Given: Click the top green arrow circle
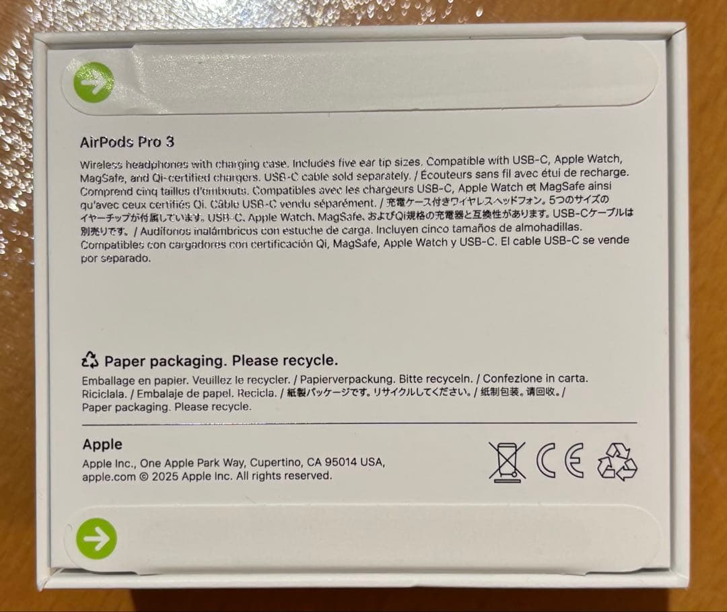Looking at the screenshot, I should pos(94,82).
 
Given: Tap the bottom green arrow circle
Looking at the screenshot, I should pos(96,539).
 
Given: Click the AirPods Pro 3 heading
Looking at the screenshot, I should pos(127,142).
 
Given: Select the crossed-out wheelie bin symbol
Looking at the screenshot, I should pos(507,461).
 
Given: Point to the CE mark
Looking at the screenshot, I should pos(560,461).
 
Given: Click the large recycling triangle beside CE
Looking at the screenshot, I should pos(617,462).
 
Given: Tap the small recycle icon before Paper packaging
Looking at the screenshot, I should pos(90,360).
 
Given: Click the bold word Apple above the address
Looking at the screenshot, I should pos(102,444).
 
